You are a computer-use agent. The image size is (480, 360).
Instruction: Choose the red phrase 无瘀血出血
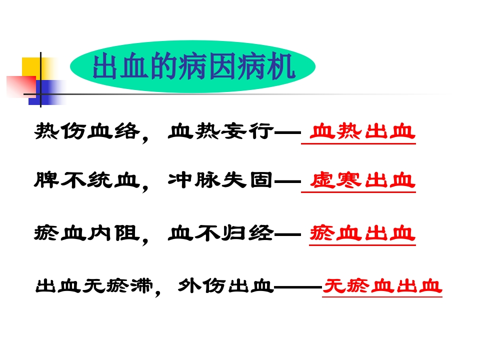click(x=382, y=286)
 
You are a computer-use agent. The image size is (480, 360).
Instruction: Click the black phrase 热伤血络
click(x=86, y=132)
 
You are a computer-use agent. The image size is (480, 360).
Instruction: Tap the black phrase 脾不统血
click(x=86, y=180)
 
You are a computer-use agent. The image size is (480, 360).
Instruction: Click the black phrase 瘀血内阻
click(x=86, y=233)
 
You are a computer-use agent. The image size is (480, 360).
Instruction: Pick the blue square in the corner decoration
click(x=47, y=92)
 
